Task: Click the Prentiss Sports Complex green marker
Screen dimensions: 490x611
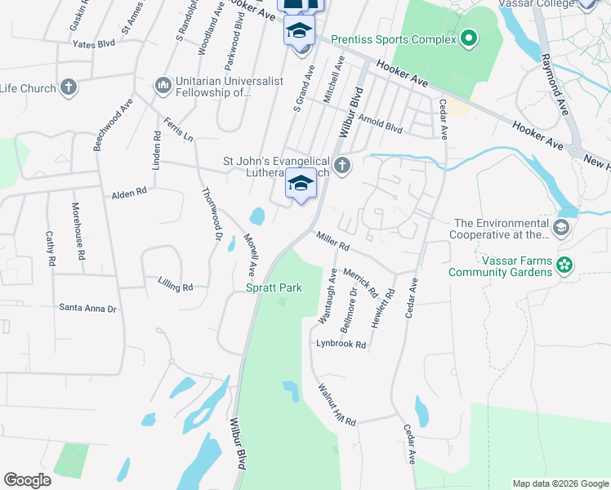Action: coord(468,38)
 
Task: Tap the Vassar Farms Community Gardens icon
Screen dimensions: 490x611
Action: coord(563,265)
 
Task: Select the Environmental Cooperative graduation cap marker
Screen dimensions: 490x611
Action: coord(560,227)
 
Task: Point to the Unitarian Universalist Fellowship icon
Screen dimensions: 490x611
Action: coord(163,85)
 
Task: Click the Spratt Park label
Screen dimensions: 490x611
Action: coord(274,287)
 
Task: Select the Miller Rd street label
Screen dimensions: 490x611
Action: coord(332,241)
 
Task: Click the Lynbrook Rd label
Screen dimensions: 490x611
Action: coord(341,345)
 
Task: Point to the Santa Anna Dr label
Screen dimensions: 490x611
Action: coord(87,308)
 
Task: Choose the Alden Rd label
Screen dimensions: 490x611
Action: coord(129,194)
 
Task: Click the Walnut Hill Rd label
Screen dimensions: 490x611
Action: coord(337,404)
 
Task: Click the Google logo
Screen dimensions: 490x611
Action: coord(27,480)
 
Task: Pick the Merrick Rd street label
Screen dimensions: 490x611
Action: coord(360,282)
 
